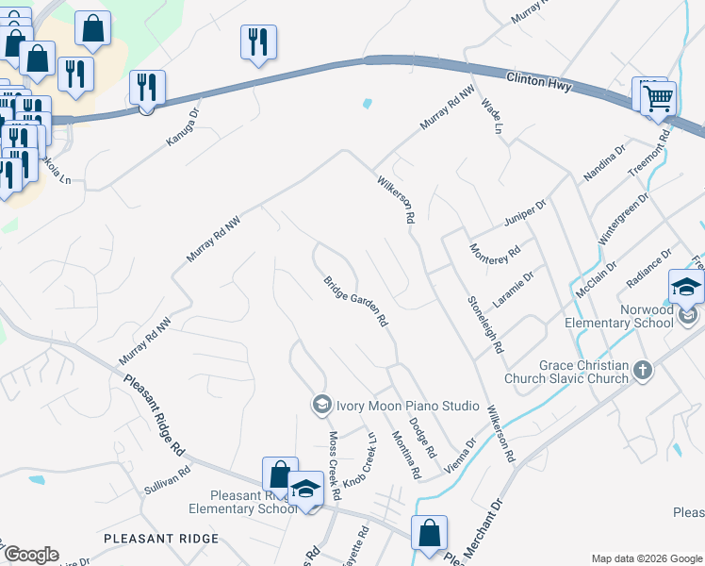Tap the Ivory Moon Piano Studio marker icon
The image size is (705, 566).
[x=320, y=404]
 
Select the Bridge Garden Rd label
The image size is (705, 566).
[x=355, y=302]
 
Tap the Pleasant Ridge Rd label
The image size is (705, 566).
[x=156, y=414]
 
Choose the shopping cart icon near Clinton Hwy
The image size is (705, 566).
[x=659, y=98]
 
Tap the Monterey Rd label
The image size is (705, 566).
[x=496, y=255]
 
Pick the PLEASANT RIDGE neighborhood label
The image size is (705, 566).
[x=161, y=539]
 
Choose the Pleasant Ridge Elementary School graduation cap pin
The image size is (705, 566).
[x=306, y=490]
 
